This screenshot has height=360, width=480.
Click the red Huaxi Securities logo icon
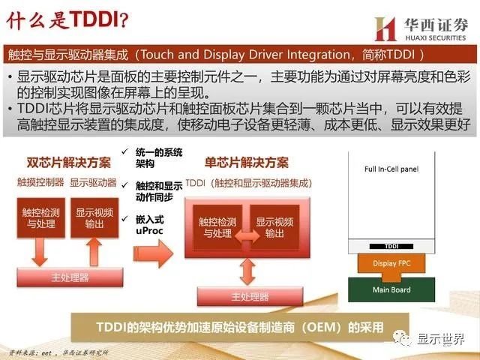coord(385,28)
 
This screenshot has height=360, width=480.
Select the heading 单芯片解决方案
coord(246,162)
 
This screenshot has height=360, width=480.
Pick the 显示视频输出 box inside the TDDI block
coord(274,227)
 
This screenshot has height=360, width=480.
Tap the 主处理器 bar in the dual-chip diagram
coord(69,277)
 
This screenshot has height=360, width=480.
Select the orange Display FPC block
coord(392,263)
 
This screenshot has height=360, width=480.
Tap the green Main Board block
coord(391,289)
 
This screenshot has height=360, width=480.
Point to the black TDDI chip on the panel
coord(392,246)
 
